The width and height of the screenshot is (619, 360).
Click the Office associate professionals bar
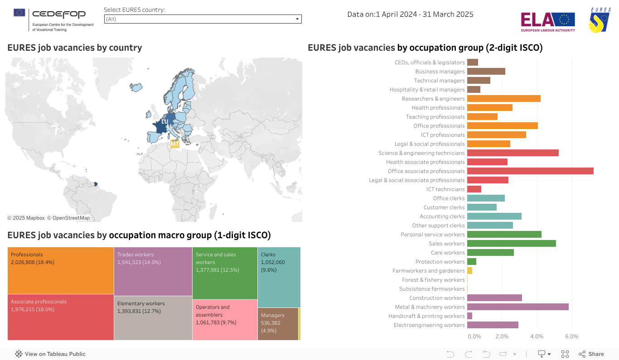pyautogui.click(x=530, y=171)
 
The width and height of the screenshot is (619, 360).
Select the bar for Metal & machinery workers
pyautogui.click(x=517, y=307)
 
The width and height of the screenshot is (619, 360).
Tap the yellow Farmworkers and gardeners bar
pyautogui.click(x=469, y=271)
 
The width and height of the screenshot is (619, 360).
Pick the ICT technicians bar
pyautogui.click(x=474, y=189)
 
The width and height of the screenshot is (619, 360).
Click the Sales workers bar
pyautogui.click(x=511, y=244)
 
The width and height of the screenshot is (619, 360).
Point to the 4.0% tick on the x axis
pyautogui.click(x=537, y=336)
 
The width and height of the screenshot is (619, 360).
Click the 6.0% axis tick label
pyautogui.click(x=571, y=336)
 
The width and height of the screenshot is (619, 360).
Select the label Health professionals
pyautogui.click(x=438, y=108)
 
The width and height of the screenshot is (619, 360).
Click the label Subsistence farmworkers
pyautogui.click(x=432, y=289)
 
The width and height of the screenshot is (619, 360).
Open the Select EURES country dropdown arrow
pyautogui.click(x=297, y=19)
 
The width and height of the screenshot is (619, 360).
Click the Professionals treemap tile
pyautogui.click(x=61, y=270)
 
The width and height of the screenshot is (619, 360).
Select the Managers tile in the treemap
pyautogui.click(x=278, y=324)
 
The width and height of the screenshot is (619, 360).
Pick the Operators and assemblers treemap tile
pyautogui.click(x=225, y=320)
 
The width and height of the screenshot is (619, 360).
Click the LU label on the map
pyautogui.click(x=164, y=122)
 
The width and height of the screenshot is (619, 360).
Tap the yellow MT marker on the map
pyautogui.click(x=174, y=144)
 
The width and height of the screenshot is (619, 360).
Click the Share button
pyautogui.click(x=591, y=354)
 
